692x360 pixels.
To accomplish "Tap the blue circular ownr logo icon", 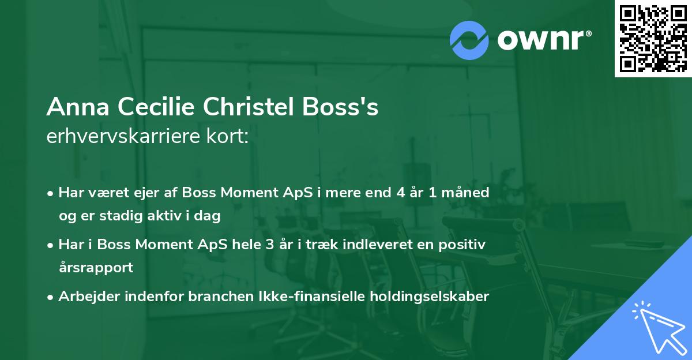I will [x=470, y=39].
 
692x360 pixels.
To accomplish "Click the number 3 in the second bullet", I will [x=270, y=244].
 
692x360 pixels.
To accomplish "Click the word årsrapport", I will [x=96, y=268].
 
